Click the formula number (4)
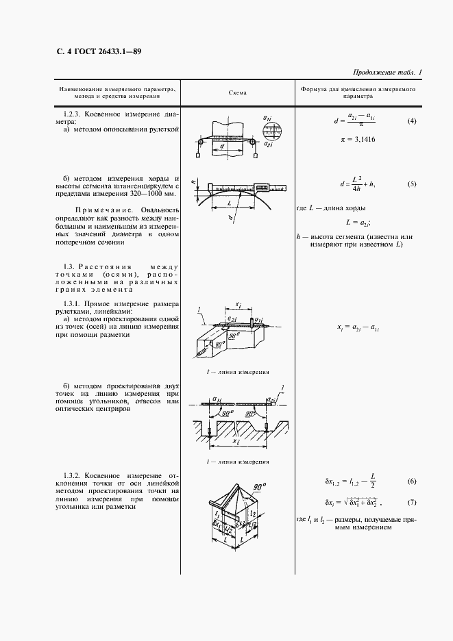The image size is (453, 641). click(411, 121)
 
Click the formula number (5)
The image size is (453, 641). click(411, 184)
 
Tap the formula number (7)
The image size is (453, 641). click(411, 501)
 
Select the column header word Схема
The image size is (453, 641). click(236, 92)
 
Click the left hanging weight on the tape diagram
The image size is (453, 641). click(197, 155)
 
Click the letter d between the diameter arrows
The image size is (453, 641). click(223, 145)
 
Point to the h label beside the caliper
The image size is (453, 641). click(195, 183)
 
